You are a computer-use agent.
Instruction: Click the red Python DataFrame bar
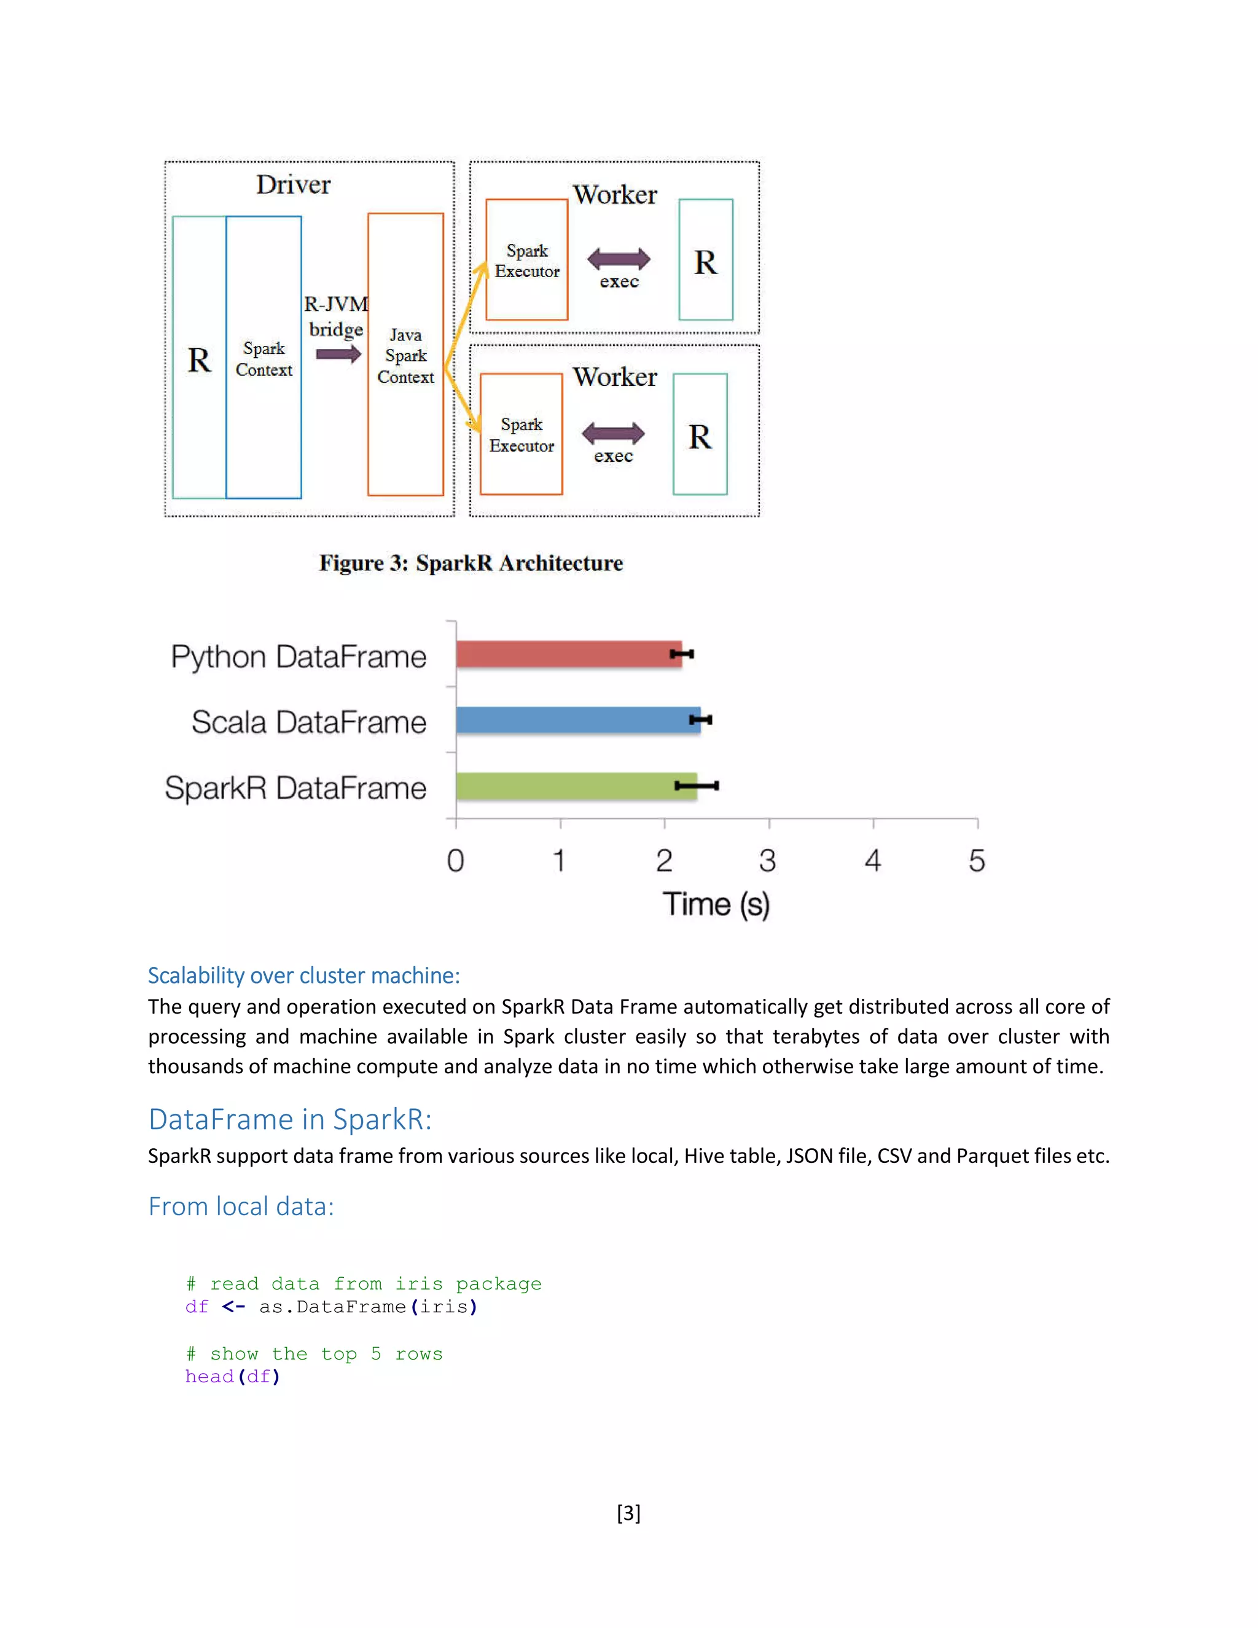pyautogui.click(x=568, y=654)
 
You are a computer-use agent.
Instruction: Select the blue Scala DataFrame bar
pyautogui.click(x=577, y=720)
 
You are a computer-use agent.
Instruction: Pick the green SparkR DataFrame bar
pyautogui.click(x=576, y=786)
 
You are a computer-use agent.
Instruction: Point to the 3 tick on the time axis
pyautogui.click(x=768, y=861)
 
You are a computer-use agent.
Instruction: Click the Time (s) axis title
pyautogui.click(x=716, y=904)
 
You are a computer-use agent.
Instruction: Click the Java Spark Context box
pyautogui.click(x=405, y=355)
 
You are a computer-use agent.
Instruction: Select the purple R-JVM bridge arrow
pyautogui.click(x=338, y=353)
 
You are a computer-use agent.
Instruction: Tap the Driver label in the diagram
pyautogui.click(x=293, y=185)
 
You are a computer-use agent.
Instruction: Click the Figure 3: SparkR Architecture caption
pyautogui.click(x=471, y=563)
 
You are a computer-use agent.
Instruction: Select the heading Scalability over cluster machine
pyautogui.click(x=303, y=975)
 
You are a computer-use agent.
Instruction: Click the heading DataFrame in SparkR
pyautogui.click(x=290, y=1119)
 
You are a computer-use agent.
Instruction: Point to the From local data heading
pyautogui.click(x=241, y=1206)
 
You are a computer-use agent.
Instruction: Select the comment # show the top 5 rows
pyautogui.click(x=314, y=1353)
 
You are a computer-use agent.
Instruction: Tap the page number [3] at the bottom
pyautogui.click(x=628, y=1513)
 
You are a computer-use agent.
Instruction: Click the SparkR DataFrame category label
pyautogui.click(x=295, y=788)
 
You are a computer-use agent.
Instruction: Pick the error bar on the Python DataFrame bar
pyautogui.click(x=682, y=654)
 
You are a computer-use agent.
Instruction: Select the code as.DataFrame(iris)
pyautogui.click(x=367, y=1306)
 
